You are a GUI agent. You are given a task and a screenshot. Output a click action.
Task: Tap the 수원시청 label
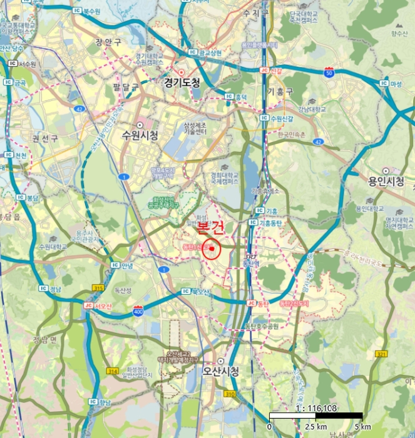(x=140, y=135)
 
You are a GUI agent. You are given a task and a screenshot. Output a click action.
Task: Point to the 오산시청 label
(x=221, y=370)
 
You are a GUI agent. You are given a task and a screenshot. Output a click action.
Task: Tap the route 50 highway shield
(x=329, y=73)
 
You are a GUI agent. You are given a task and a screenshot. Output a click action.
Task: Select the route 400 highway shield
(x=138, y=310)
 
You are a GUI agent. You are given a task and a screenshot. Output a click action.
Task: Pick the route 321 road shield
(x=381, y=354)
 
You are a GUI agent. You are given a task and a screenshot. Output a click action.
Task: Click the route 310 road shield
(x=230, y=394)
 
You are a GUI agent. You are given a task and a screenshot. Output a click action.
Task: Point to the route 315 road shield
(x=98, y=287)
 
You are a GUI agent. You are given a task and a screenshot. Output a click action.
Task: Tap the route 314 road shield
(x=113, y=371)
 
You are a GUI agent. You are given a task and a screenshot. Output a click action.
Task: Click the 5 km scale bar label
(x=361, y=427)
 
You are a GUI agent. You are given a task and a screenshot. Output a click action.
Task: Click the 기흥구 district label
(x=280, y=92)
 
